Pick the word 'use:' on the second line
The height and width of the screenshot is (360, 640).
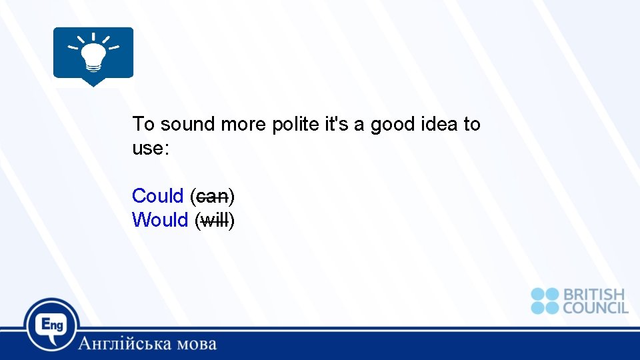(151, 149)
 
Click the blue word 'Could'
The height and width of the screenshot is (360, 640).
(157, 196)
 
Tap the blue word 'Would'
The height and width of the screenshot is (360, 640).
(160, 220)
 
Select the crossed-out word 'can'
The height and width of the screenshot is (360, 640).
(212, 197)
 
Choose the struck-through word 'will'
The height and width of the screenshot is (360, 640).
(214, 220)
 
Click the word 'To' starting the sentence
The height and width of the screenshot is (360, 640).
(143, 124)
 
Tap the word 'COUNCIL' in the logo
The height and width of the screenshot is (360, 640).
(595, 308)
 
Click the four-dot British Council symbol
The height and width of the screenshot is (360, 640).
(545, 301)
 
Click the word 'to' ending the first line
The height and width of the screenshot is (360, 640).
(471, 124)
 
